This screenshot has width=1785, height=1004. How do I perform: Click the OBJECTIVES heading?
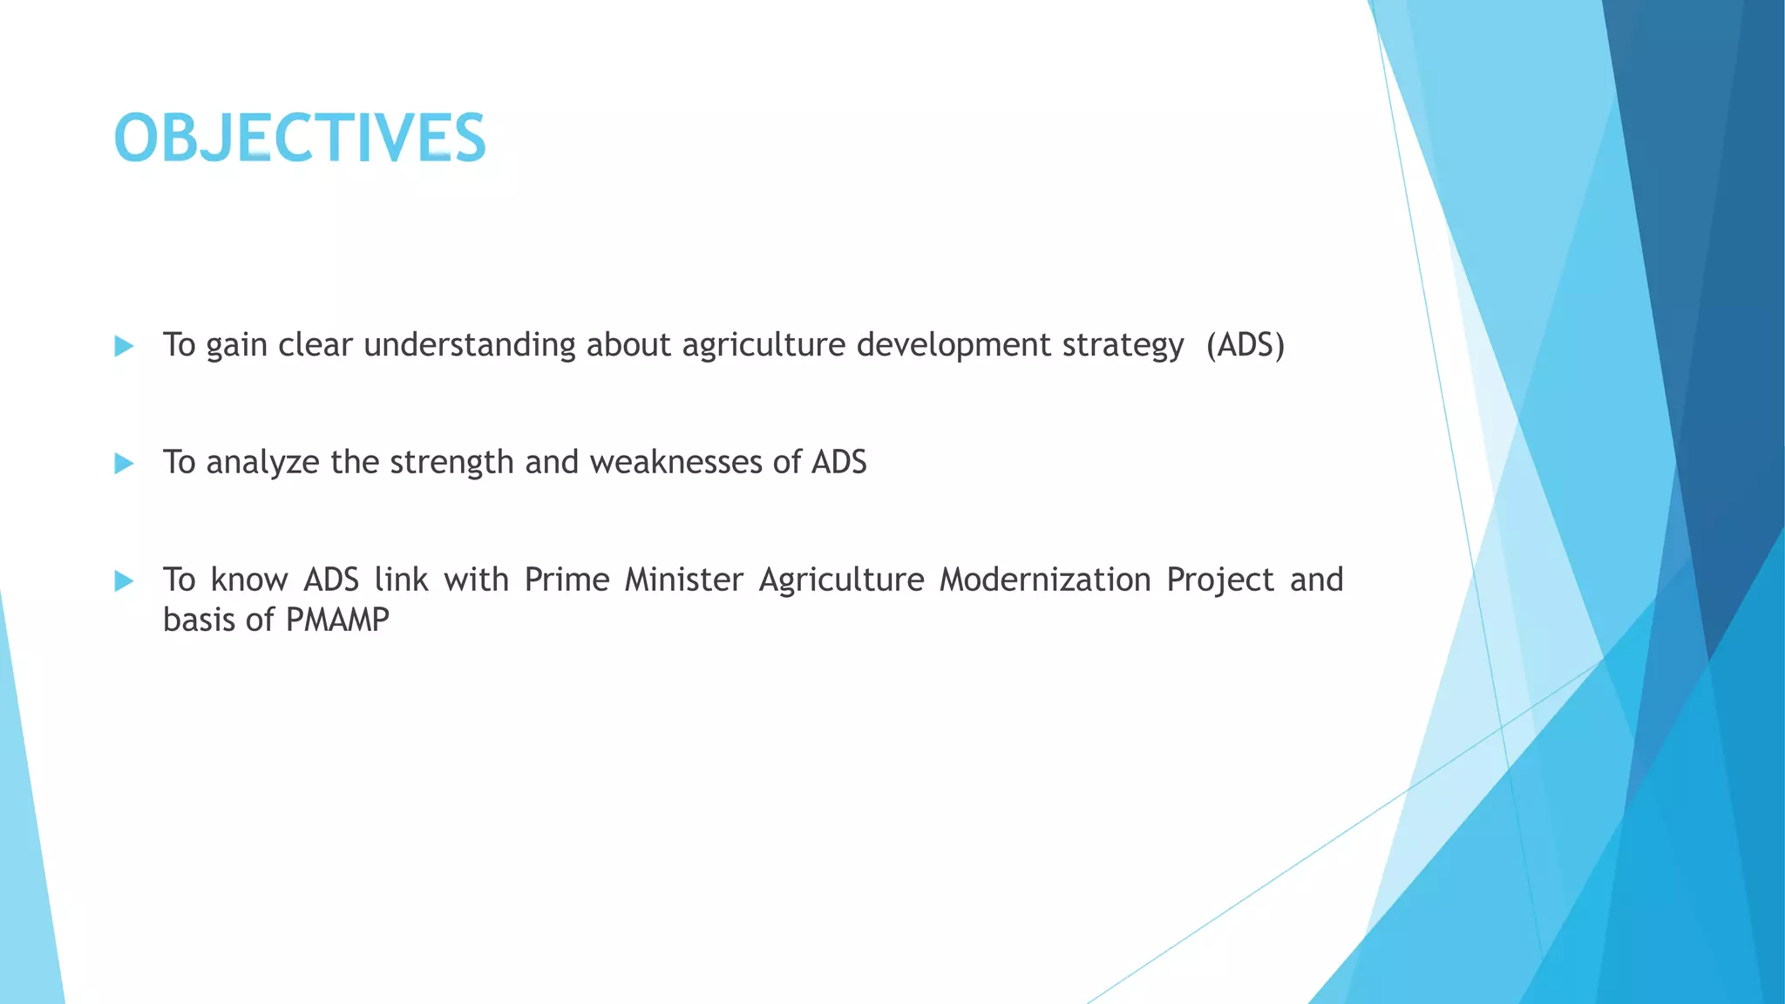(299, 139)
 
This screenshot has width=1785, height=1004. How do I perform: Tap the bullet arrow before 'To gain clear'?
(124, 347)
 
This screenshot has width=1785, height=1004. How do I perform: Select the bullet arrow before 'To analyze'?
(124, 464)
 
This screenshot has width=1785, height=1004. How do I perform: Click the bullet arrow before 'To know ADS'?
(124, 581)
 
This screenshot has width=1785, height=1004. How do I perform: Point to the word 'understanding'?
(469, 346)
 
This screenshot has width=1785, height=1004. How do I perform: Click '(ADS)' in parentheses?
(1245, 346)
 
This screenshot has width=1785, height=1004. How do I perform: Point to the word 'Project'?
(1220, 580)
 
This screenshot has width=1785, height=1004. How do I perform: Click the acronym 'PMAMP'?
(337, 621)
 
